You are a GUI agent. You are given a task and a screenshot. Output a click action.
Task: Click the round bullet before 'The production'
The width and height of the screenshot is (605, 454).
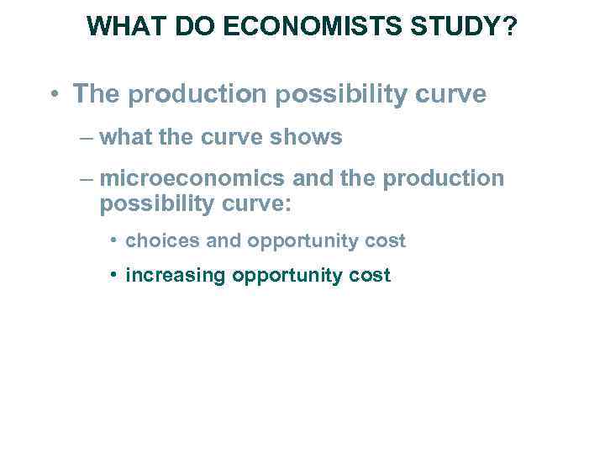53,94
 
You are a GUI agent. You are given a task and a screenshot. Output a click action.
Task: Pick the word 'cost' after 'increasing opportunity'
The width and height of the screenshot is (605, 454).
371,276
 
